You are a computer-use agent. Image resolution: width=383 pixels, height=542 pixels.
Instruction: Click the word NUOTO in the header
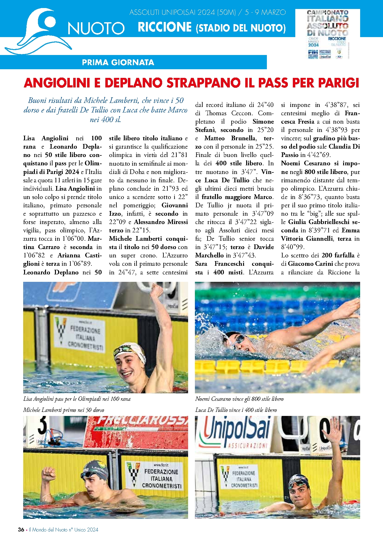click(96, 28)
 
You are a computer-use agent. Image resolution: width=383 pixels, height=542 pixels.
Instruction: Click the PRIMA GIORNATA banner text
click(118, 62)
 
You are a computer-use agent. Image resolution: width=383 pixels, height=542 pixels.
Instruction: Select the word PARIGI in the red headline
click(339, 83)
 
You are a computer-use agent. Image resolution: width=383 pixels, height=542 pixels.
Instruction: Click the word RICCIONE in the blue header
click(165, 27)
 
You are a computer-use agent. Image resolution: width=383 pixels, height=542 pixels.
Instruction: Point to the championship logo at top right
click(327, 34)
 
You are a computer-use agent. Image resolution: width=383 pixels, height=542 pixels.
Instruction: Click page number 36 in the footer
click(21, 529)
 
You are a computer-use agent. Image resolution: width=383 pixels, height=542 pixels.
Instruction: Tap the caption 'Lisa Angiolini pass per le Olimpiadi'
click(77, 399)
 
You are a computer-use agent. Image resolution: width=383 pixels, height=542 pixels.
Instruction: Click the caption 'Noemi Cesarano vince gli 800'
click(239, 399)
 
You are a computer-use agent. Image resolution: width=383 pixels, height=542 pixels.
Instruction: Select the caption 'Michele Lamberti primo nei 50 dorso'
click(64, 410)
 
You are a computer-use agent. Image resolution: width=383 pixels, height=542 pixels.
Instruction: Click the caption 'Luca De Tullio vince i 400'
click(236, 410)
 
